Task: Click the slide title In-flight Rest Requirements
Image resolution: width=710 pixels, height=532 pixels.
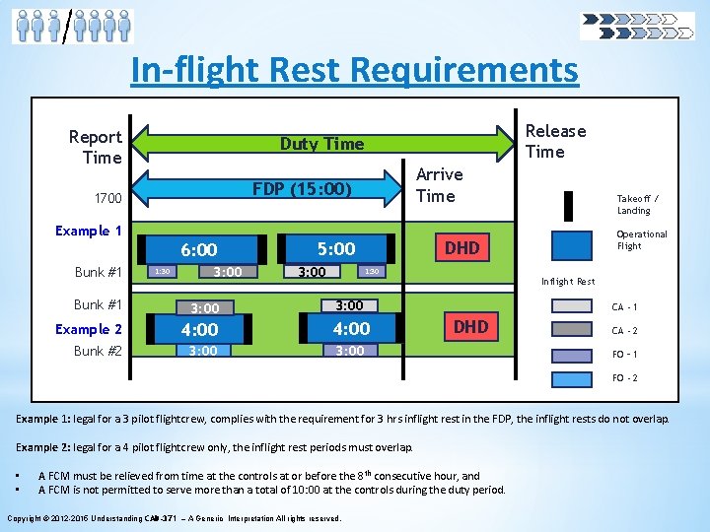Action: (355, 70)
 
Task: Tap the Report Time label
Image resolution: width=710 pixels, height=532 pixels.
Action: (96, 147)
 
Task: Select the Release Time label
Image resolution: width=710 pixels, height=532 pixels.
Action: (555, 141)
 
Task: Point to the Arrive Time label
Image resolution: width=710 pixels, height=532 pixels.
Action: (439, 184)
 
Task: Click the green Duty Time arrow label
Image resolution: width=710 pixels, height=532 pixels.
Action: (321, 144)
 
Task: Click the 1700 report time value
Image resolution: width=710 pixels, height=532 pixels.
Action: (108, 199)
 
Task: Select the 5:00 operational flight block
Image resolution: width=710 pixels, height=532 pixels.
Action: (335, 248)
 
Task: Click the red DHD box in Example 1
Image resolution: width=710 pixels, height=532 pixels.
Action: (461, 248)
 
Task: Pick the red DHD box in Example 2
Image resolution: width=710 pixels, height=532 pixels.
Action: (470, 326)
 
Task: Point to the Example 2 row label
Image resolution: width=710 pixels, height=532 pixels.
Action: (89, 329)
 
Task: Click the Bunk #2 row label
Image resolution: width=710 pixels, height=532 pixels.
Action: (98, 351)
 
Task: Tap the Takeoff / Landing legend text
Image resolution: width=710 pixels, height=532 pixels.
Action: (633, 204)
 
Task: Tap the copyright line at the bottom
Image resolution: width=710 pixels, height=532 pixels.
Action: (174, 518)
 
